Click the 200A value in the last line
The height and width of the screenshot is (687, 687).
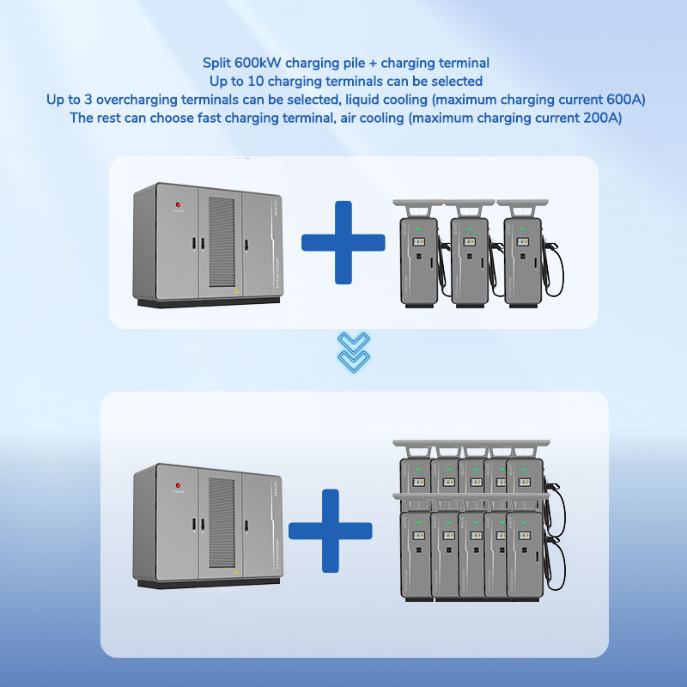point(597,118)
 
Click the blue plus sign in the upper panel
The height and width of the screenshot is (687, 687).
point(343,242)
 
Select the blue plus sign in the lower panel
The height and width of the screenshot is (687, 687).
point(330,530)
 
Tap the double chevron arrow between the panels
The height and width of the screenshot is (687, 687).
point(353,351)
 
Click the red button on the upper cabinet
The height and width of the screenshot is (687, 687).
point(179,205)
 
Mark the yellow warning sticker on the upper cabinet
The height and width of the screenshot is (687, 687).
point(236,290)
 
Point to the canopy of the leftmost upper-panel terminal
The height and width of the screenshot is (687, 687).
point(416,207)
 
